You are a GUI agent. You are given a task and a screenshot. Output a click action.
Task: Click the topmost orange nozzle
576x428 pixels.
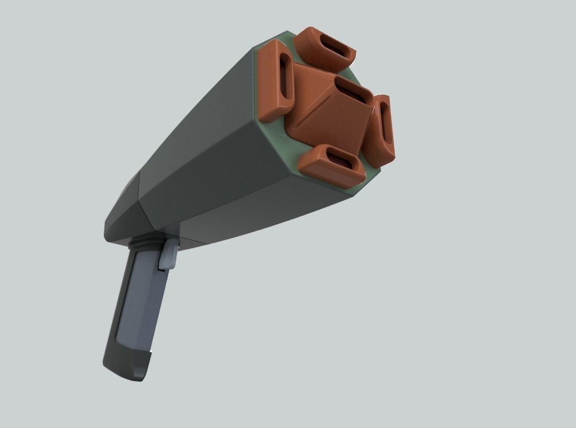click(326, 49)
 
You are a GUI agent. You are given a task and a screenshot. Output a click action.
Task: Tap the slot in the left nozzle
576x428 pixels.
click(286, 80)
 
